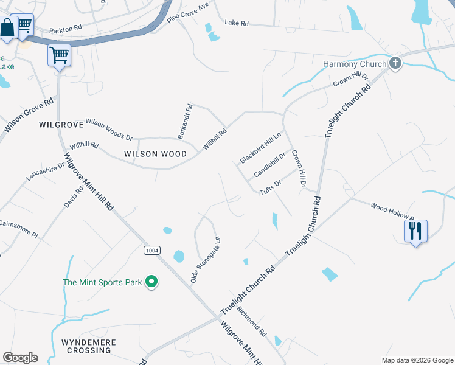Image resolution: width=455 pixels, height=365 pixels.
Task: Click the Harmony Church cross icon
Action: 395,63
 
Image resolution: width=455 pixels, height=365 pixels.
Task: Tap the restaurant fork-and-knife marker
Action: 415,231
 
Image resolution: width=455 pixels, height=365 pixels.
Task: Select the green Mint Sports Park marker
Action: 151,282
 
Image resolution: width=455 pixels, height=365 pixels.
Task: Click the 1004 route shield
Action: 152,250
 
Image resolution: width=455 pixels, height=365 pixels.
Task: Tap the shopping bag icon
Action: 7,27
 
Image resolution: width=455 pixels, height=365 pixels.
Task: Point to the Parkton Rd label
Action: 64,28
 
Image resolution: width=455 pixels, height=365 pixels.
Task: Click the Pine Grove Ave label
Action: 188,12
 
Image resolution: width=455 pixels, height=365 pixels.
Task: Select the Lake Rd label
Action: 237,23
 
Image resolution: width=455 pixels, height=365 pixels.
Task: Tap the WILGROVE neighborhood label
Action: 60,125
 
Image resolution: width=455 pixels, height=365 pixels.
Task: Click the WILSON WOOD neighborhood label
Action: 155,154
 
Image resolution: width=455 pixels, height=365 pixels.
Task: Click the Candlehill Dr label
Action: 269,165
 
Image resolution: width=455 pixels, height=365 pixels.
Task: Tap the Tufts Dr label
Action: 270,187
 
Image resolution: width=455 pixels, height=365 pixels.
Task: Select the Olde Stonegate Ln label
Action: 204,260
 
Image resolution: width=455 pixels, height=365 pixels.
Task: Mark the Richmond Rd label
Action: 252,322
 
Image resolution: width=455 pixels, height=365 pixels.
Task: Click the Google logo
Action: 20,358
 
